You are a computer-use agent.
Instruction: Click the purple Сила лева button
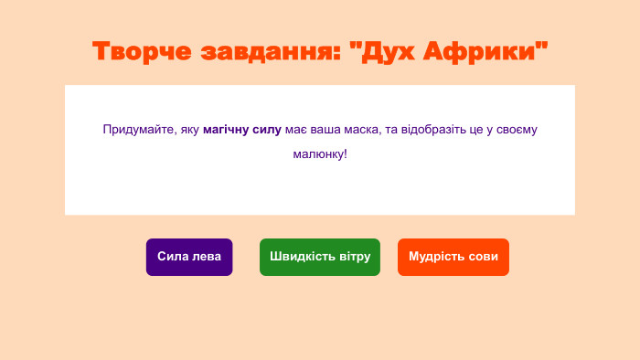[x=189, y=257]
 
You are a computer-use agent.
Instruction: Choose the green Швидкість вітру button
[x=320, y=257]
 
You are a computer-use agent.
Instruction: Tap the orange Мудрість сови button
[x=453, y=257]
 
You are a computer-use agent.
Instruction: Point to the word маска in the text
[x=361, y=130]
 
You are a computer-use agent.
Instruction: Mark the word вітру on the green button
[x=354, y=257]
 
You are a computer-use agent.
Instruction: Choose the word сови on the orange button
[x=483, y=257]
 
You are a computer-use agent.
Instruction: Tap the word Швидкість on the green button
[x=302, y=257]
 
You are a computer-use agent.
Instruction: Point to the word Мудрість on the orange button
[x=437, y=257]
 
